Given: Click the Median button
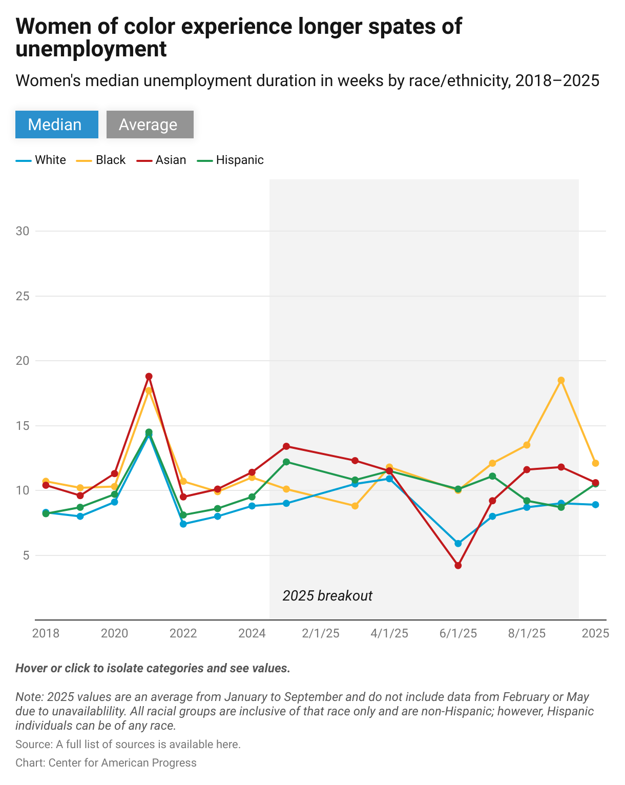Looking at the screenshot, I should click(56, 125).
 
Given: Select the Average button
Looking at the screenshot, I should click(150, 125).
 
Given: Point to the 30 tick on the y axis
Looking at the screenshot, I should click(23, 231).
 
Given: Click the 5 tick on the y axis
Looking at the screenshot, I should click(26, 555).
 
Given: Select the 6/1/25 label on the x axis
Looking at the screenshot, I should click(458, 633).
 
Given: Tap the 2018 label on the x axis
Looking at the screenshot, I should click(46, 633).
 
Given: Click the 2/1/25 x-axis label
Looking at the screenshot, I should click(321, 633).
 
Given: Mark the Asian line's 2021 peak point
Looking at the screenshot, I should click(149, 377).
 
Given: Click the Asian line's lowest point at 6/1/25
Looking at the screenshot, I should click(458, 566).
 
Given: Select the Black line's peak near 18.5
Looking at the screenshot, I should click(561, 380).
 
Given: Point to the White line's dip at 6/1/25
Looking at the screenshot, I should click(458, 544).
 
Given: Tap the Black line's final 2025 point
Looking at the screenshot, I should click(595, 463).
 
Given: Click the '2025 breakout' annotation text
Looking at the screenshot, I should click(327, 596).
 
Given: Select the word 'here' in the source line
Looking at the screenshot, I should click(229, 744).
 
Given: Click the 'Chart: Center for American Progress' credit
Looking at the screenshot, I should click(106, 762).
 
